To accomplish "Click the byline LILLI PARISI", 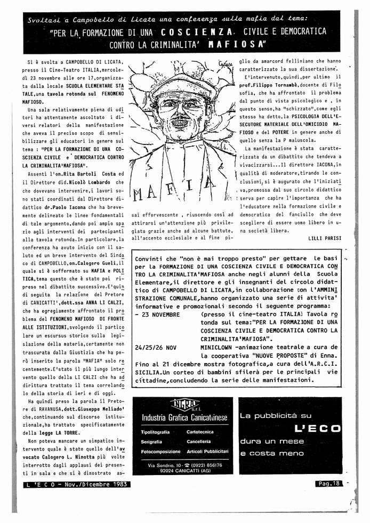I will tap(325, 238).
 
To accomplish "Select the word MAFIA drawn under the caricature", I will tap(167, 191).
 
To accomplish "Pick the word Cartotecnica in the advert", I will tap(200, 432).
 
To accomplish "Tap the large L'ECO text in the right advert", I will tap(317, 428).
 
